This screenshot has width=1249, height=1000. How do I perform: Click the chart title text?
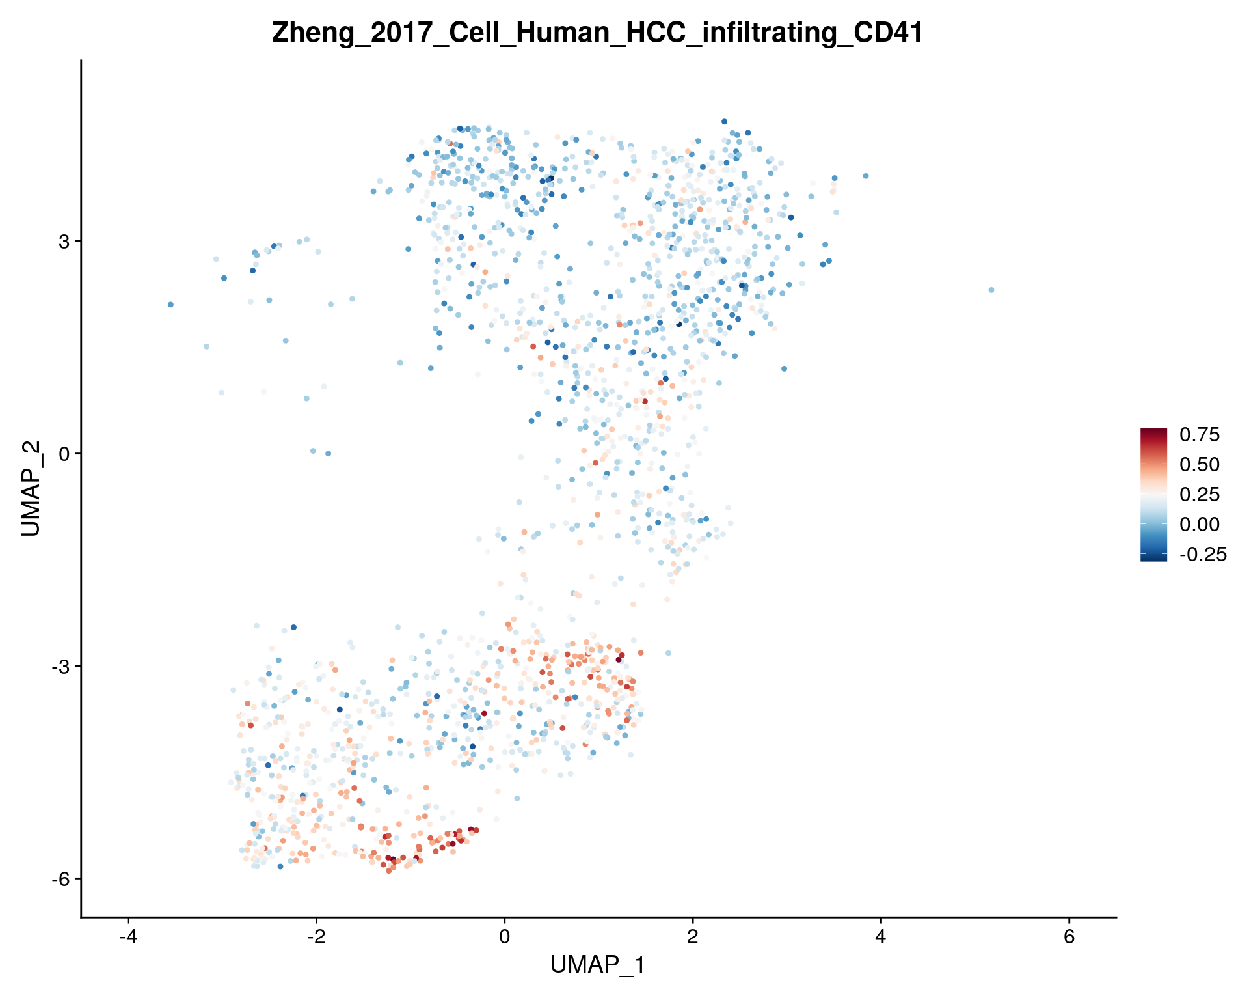[597, 33]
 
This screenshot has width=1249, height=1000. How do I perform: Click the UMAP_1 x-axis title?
[597, 965]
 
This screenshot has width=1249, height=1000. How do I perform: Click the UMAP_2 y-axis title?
[31, 488]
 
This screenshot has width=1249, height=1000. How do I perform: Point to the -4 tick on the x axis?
[128, 938]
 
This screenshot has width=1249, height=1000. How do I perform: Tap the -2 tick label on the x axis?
[316, 938]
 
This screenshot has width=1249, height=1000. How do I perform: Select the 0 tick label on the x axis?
[504, 938]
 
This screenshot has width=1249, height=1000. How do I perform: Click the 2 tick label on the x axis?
[692, 938]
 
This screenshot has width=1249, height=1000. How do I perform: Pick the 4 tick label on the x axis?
[881, 938]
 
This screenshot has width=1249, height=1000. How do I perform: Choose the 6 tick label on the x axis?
[1069, 938]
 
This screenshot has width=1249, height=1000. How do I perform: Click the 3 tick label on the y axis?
[64, 242]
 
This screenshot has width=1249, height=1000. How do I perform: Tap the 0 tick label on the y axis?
[64, 454]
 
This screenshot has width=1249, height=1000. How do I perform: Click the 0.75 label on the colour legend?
[1200, 435]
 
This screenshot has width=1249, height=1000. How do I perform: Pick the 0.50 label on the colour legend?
[1200, 465]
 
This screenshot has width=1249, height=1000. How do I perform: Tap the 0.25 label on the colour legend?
[1200, 495]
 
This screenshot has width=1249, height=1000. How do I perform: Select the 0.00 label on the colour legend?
[1200, 525]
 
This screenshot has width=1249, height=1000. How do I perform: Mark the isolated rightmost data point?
[991, 290]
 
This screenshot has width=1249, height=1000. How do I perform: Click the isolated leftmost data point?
[170, 304]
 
